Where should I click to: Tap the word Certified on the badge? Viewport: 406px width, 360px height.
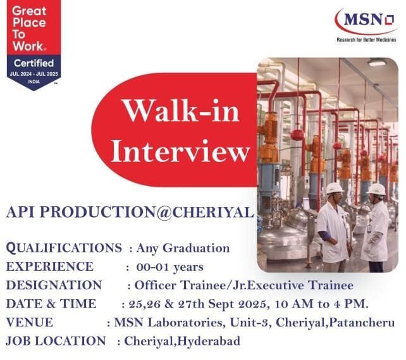click(34, 63)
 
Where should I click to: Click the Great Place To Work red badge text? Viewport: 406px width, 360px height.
click(30, 28)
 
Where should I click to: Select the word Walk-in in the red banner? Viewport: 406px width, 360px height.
click(181, 112)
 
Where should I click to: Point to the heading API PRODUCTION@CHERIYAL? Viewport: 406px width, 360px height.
click(129, 213)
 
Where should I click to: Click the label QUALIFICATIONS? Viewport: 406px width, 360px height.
click(64, 248)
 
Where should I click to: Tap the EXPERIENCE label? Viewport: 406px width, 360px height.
click(49, 266)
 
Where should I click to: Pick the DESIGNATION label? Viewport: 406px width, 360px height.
click(54, 285)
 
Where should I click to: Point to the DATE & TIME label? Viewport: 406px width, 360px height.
click(51, 304)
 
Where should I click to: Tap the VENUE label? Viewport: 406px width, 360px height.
click(29, 322)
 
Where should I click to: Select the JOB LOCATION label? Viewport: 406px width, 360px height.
click(56, 341)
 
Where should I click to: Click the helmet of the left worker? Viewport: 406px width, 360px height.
click(335, 189)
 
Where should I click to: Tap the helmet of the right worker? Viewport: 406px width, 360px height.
click(376, 189)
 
